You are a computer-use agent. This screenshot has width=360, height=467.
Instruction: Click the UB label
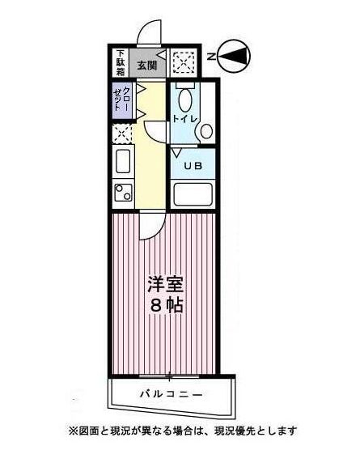coord(193,167)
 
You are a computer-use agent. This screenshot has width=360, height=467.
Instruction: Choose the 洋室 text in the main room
coord(164,285)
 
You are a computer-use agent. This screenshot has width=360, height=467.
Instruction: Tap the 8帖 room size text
coord(164,307)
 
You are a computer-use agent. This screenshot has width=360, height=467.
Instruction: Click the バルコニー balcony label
coord(170,394)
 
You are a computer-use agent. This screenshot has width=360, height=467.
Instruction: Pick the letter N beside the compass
coord(210,57)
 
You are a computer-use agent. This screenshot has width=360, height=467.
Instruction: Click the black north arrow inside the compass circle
coord(234,56)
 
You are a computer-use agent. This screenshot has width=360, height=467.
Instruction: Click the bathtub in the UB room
coord(193,194)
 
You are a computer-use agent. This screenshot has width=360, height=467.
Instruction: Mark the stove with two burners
coord(123,193)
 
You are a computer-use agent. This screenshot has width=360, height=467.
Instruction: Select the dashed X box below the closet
coord(122,134)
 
